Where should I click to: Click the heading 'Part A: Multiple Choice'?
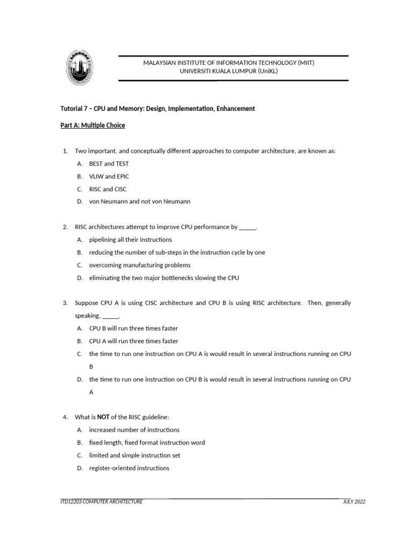click(93, 125)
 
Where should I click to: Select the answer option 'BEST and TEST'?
click(109, 164)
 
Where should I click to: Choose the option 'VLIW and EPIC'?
click(109, 176)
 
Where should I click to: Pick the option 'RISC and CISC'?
click(108, 189)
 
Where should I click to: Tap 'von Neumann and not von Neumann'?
click(139, 202)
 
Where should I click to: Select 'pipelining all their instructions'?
click(130, 240)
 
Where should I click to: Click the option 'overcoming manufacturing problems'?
click(139, 265)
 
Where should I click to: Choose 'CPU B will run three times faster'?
click(133, 328)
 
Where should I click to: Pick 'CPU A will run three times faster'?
click(133, 341)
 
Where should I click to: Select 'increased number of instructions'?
click(134, 429)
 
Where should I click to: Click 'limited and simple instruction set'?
click(135, 455)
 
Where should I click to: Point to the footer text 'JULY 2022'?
click(354, 502)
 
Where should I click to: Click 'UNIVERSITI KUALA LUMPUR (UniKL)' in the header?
click(229, 71)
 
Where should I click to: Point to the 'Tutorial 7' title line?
click(158, 109)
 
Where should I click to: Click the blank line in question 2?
click(247, 227)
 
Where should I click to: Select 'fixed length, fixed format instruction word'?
click(147, 442)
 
